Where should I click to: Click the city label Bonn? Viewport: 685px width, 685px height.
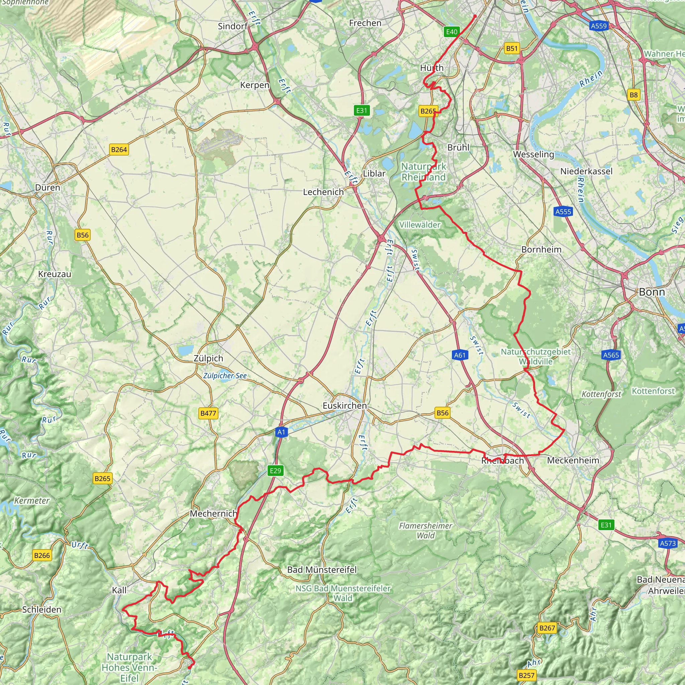coord(652,292)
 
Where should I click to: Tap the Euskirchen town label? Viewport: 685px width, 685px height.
coord(344,406)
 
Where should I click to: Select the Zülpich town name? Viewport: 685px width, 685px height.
coord(208,359)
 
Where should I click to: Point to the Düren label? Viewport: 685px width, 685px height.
coord(47,188)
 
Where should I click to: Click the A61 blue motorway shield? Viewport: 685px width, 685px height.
coord(460,355)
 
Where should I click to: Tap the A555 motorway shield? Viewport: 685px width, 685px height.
coord(563,212)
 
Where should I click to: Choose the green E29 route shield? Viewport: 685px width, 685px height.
coord(275,471)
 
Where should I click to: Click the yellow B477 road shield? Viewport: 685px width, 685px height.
coord(208,413)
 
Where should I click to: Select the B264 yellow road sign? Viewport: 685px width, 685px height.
coord(119,150)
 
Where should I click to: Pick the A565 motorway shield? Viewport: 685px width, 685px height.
coord(611,355)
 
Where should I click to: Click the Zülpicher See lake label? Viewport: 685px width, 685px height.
coord(225,376)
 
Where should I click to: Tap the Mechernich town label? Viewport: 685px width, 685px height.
coord(213,513)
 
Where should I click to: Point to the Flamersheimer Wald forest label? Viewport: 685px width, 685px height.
coord(425,530)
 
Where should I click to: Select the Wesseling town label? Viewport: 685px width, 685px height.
coord(533,154)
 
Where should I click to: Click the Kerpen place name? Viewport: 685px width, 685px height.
coord(255,85)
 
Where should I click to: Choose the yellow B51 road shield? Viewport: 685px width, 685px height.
coord(512,48)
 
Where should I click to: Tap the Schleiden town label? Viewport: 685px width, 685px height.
coord(42,609)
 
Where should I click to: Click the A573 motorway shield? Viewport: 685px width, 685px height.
coord(668,544)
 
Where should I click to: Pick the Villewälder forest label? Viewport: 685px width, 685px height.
coord(419,225)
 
